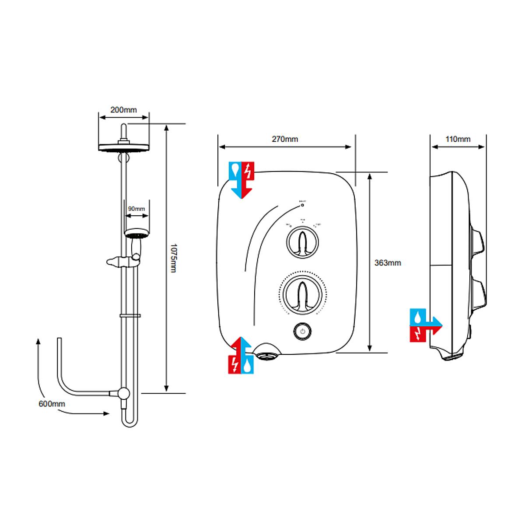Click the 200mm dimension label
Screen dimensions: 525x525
[123, 110]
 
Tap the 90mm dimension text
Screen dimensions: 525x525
[136, 209]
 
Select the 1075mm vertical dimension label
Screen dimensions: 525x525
[173, 259]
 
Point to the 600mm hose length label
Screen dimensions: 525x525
[52, 404]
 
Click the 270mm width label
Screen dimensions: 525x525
[285, 139]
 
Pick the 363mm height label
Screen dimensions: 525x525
[388, 263]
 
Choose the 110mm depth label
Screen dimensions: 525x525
[458, 139]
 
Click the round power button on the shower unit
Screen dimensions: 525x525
[302, 331]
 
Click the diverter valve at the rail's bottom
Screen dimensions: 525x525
[124, 393]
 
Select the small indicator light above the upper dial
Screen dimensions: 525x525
[302, 205]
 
